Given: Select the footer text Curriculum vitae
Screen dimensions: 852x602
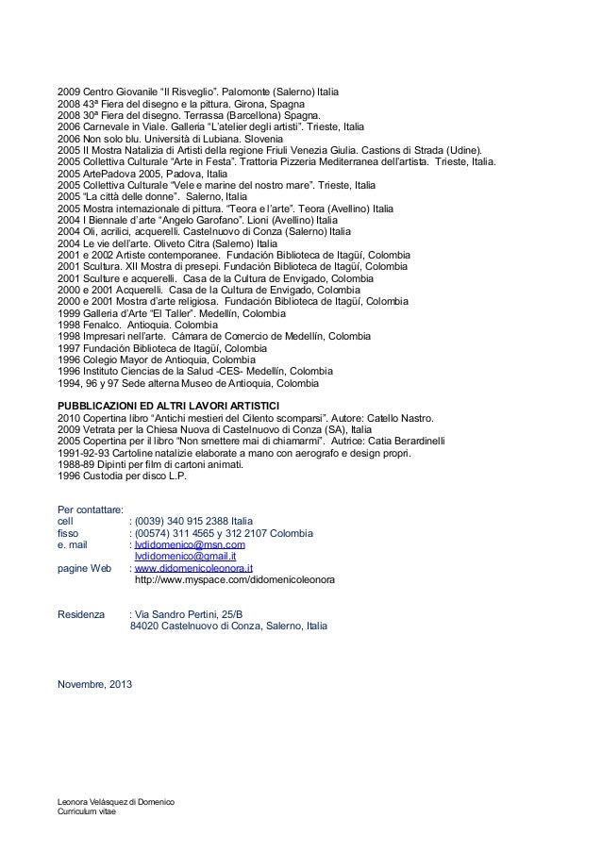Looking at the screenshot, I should [x=85, y=812].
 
